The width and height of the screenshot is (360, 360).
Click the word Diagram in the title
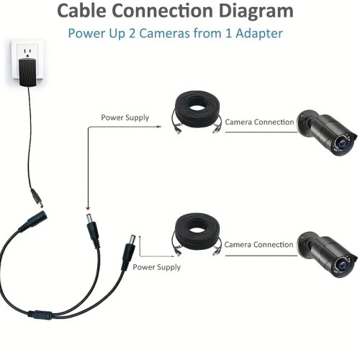click(x=256, y=12)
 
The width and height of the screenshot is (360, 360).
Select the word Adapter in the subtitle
click(x=259, y=33)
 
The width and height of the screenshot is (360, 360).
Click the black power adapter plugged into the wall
click(x=27, y=72)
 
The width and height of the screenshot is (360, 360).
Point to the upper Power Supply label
click(x=125, y=117)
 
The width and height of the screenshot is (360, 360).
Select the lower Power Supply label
click(x=156, y=267)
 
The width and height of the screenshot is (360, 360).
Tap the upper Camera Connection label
click(x=259, y=122)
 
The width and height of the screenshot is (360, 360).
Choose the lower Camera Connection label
click(x=258, y=245)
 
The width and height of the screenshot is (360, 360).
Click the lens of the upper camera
click(x=341, y=144)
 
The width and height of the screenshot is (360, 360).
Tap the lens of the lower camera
click(x=341, y=265)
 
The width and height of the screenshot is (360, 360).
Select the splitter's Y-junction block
click(x=40, y=315)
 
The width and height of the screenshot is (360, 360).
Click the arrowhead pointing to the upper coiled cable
click(x=158, y=127)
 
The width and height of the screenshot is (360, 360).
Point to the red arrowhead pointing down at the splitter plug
click(x=88, y=208)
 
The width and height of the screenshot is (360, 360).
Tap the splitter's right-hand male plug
click(x=129, y=251)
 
